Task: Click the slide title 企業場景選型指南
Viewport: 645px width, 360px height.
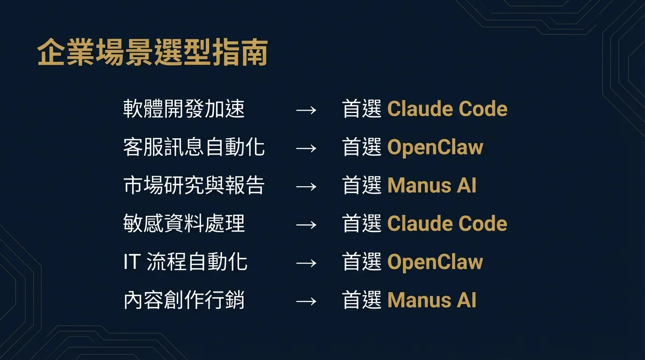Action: tap(152, 52)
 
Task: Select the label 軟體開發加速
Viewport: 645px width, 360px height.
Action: tap(184, 109)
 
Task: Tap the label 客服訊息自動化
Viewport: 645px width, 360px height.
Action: tap(194, 147)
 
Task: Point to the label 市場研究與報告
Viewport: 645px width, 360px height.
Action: tap(194, 186)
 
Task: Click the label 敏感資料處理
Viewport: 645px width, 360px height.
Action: tap(184, 224)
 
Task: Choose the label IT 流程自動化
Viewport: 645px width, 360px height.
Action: tap(185, 262)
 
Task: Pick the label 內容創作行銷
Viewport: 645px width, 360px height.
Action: tap(184, 300)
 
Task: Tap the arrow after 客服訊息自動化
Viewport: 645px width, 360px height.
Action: tap(306, 149)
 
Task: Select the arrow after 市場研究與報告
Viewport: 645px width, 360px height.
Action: tap(306, 187)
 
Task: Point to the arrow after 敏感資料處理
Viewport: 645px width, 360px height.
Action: tap(306, 225)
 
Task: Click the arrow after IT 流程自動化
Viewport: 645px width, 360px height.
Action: tap(306, 263)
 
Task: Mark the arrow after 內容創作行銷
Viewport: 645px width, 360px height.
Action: tap(306, 301)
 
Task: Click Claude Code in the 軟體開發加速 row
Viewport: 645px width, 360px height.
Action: tap(447, 109)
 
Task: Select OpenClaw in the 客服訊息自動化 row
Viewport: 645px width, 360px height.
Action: tap(435, 148)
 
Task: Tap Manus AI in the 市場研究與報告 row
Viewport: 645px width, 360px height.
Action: tap(432, 186)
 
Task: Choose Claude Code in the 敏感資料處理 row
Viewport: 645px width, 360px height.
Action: tap(447, 224)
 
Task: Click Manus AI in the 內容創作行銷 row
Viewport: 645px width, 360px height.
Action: tap(432, 300)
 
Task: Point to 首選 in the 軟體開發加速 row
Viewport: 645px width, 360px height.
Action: tap(361, 109)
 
